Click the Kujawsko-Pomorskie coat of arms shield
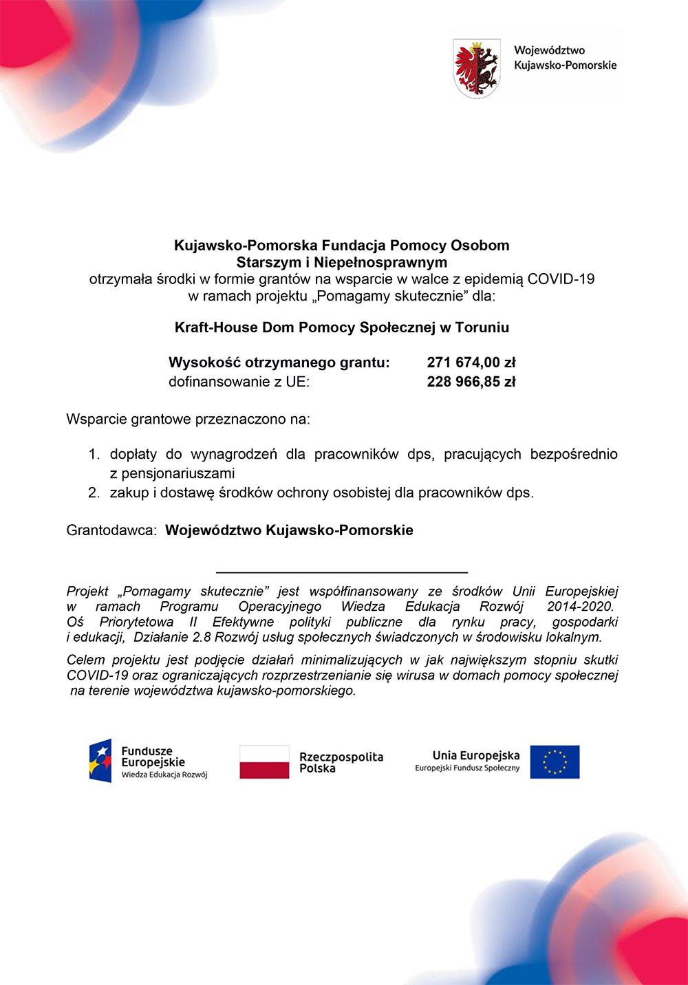click(x=477, y=68)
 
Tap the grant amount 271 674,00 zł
click(x=471, y=362)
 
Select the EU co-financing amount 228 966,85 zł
click(x=471, y=382)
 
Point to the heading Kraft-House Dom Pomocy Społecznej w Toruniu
click(x=342, y=327)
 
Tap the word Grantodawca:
click(x=111, y=530)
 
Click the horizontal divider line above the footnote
click(x=342, y=572)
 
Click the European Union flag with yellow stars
click(x=555, y=762)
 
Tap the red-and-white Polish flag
click(x=264, y=762)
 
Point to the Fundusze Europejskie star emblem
click(x=100, y=761)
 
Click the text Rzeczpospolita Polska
click(x=341, y=762)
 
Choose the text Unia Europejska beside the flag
click(x=476, y=755)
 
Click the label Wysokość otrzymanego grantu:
click(x=279, y=362)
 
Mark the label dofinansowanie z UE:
click(x=239, y=382)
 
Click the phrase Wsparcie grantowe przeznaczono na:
click(x=188, y=419)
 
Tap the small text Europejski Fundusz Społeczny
click(x=467, y=768)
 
